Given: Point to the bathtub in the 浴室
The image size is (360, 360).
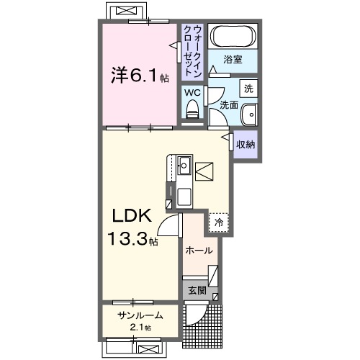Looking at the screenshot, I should coord(234,37).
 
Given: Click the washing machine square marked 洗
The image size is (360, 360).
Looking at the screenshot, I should coord(248,90).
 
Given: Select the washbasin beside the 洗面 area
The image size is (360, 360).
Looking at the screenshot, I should coord(249,115).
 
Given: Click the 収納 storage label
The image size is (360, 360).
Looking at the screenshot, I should coord(246,143).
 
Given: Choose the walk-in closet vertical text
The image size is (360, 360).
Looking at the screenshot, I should coord(192,50).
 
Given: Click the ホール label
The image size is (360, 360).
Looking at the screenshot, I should coord(199,251).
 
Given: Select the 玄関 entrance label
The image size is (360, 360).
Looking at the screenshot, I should coord(197,291).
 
